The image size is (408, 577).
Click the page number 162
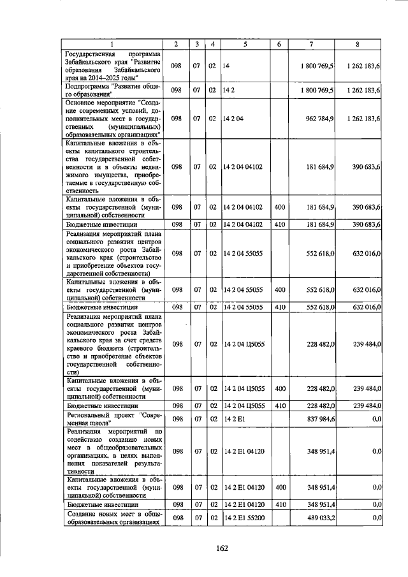tap(221, 548)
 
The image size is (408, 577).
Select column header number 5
tap(245, 44)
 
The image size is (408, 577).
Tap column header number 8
tap(358, 44)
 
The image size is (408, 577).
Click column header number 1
tap(111, 44)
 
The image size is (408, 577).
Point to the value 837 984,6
tap(317, 418)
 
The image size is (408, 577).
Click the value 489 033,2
tap(317, 518)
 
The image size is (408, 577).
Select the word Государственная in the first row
tap(89, 54)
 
